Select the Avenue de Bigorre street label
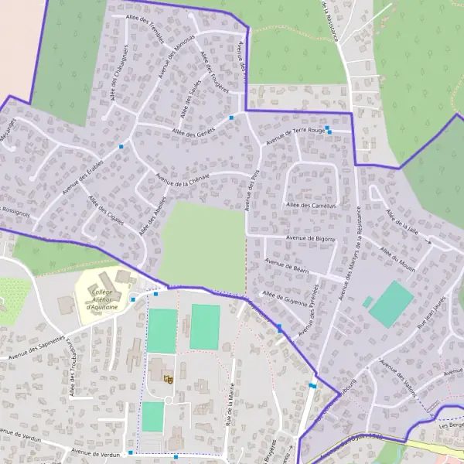click(310, 238)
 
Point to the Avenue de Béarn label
click(290, 267)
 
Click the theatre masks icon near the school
click(167, 379)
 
